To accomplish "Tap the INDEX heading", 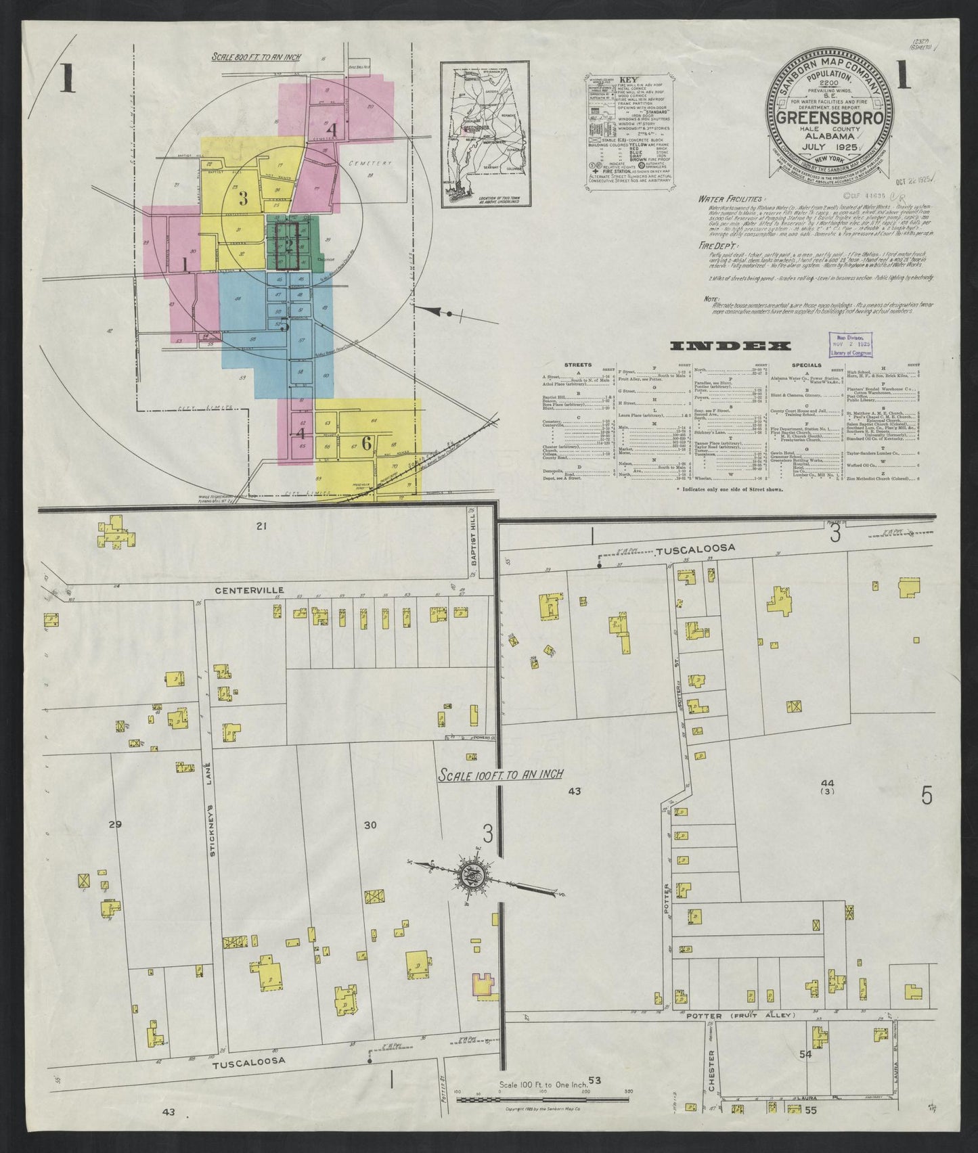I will pos(730,346).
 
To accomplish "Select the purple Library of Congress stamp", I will pos(851,344).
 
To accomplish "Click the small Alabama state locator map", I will pos(485,135).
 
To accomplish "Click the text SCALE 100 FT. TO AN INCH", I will pos(500,774).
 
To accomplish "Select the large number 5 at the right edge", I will pos(926,796).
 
